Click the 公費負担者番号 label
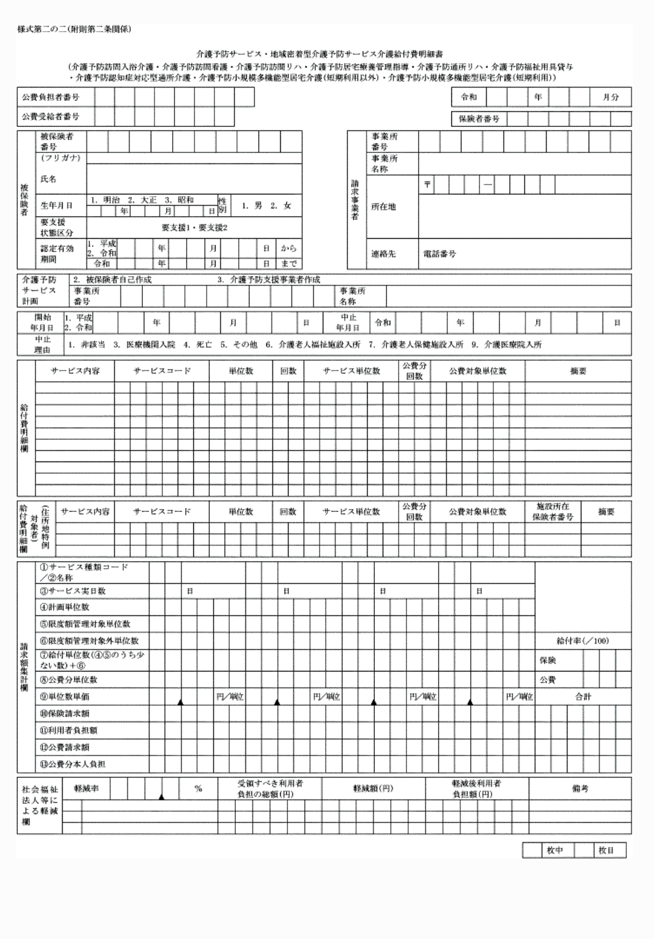click(50, 97)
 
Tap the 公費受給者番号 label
click(50, 117)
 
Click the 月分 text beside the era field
click(611, 97)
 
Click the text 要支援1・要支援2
click(194, 227)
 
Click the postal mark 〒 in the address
click(428, 184)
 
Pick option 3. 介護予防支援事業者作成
click(269, 280)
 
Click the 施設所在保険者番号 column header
click(553, 512)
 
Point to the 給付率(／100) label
click(583, 641)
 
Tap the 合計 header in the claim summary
click(583, 697)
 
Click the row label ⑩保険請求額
click(65, 714)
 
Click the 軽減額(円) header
click(373, 789)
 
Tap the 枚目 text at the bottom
click(606, 850)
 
